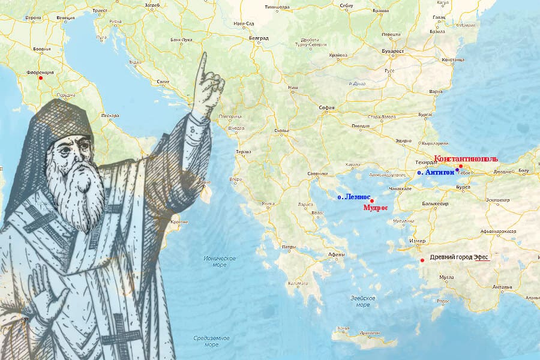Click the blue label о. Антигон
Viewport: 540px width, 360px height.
click(x=436, y=173)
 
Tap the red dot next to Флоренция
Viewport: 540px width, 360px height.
click(x=41, y=78)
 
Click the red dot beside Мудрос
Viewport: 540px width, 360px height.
click(x=372, y=200)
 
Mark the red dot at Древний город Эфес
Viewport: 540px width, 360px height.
click(x=423, y=260)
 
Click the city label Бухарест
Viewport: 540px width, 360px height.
click(x=392, y=51)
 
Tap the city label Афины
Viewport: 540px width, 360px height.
click(x=337, y=254)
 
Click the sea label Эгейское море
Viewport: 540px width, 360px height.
click(x=363, y=301)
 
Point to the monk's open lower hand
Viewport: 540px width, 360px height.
click(x=48, y=294)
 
